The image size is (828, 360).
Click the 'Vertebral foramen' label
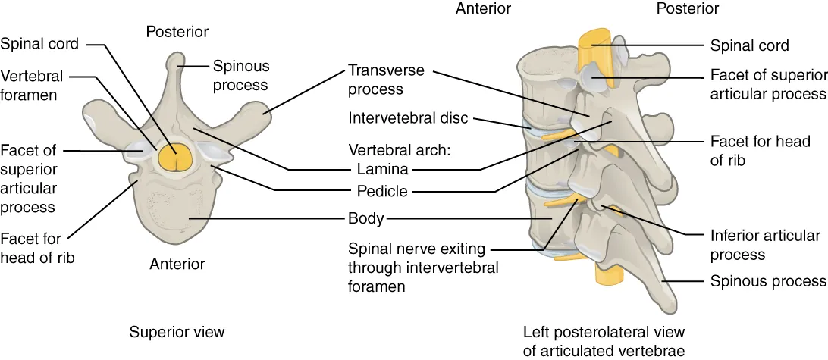pos(32,86)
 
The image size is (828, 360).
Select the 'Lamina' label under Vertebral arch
pos(382,169)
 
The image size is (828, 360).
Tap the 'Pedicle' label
pos(382,192)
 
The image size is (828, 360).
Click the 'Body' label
pos(365,220)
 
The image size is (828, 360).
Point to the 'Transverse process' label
pos(386,79)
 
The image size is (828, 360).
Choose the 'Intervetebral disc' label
pos(409,118)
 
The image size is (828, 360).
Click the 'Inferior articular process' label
pos(765,245)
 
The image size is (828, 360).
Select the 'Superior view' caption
pos(177,332)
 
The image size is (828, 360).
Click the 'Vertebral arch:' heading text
pos(400,149)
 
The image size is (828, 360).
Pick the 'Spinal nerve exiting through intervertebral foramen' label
pos(423,268)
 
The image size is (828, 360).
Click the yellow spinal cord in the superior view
pos(177,158)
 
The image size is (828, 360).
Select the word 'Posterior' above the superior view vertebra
pos(177,31)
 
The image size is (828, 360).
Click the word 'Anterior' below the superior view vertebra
pos(177,264)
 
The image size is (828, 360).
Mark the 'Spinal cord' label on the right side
pos(749,45)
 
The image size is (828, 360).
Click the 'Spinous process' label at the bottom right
pos(767,281)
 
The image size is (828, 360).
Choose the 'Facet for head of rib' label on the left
pos(37,248)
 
